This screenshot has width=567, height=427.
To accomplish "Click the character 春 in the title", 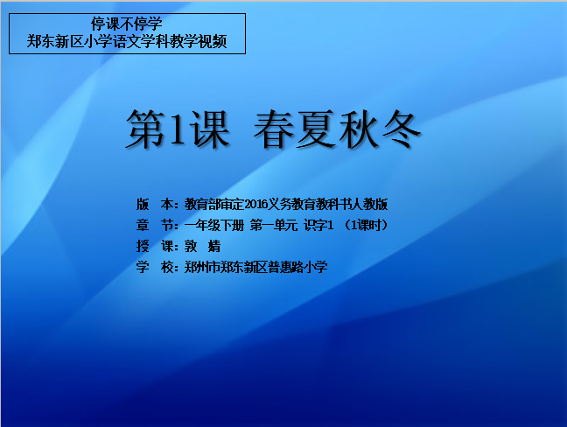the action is [x=274, y=129].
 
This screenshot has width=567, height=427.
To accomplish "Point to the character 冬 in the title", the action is [x=401, y=129].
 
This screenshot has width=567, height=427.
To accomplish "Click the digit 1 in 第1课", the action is [x=178, y=128].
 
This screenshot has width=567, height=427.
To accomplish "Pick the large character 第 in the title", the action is [x=146, y=129].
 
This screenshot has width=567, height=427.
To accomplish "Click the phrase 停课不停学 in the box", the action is [x=127, y=24].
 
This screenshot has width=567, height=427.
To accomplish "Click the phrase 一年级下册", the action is [x=214, y=226].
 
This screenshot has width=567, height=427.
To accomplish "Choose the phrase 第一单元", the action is [x=273, y=226].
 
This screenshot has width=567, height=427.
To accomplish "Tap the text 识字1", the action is [x=318, y=226].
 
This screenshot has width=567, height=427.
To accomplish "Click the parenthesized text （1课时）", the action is [x=366, y=226].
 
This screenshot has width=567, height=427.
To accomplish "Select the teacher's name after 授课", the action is [x=202, y=247].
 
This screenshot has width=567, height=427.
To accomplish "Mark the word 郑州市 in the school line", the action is [x=202, y=268].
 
